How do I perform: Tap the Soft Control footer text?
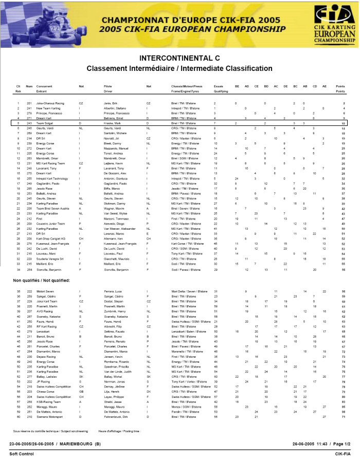click(21, 454)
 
